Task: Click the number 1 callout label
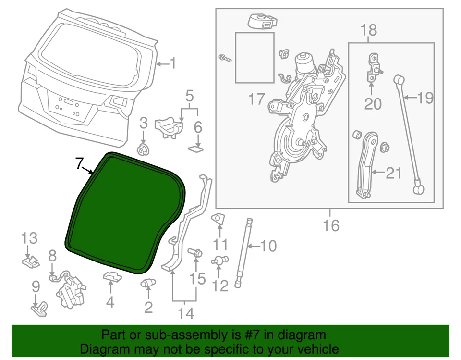(172, 63)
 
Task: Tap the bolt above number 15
(195, 252)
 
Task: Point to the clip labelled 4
(111, 277)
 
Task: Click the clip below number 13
(30, 261)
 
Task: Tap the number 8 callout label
(52, 255)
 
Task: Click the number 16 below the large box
(331, 225)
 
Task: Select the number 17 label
(256, 100)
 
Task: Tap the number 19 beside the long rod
(425, 99)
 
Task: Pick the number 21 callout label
(394, 173)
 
